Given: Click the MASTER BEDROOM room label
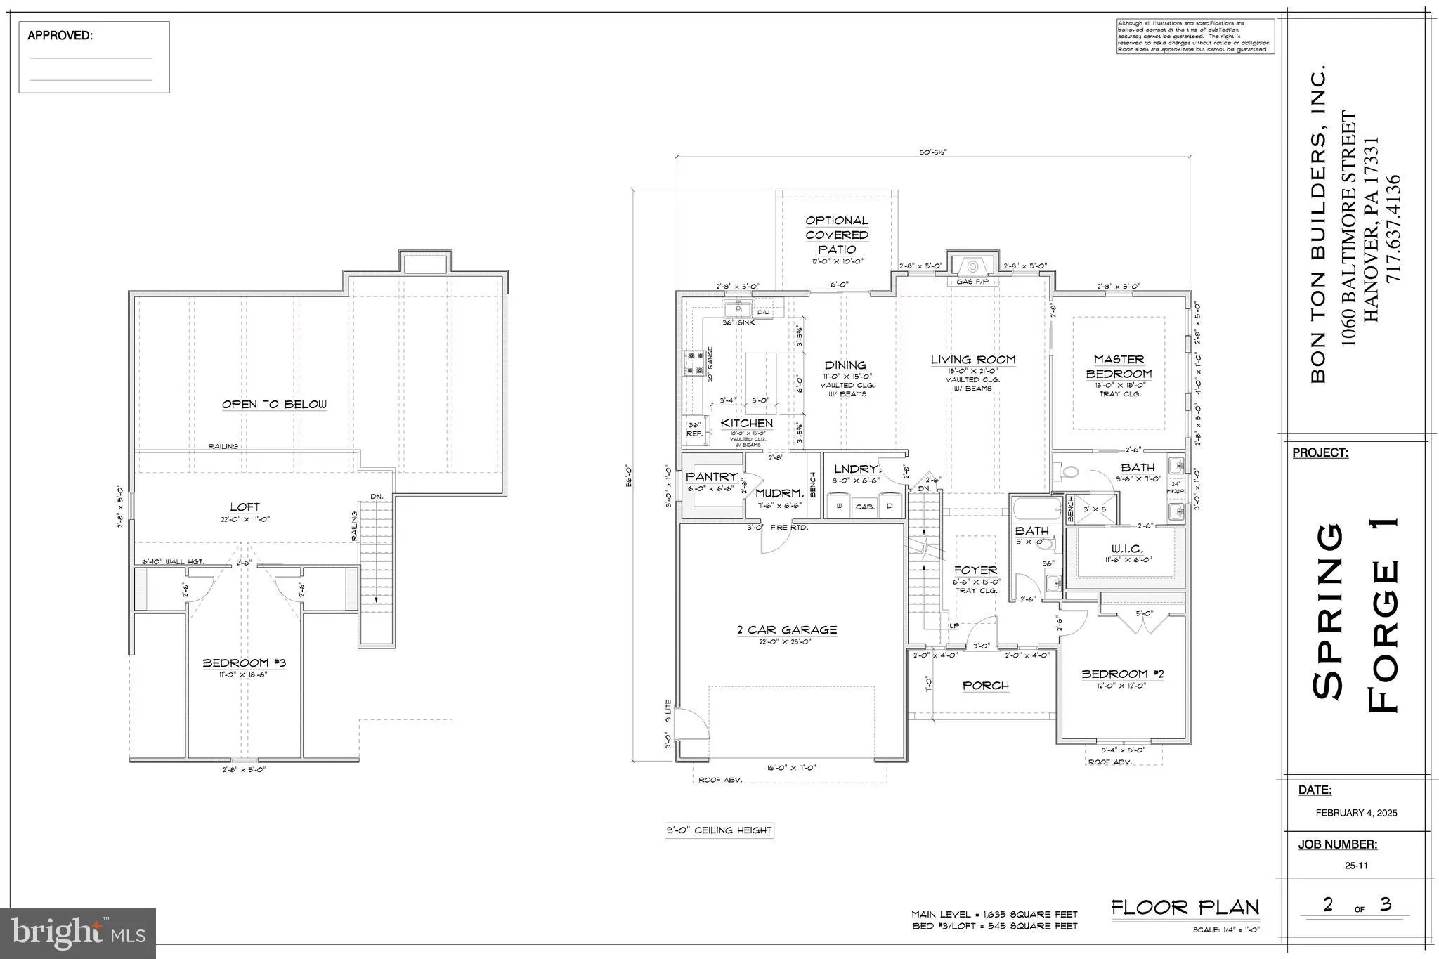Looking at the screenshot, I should (1119, 367).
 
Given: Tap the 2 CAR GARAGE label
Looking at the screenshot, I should (786, 630).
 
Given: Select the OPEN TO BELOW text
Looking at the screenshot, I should (274, 405).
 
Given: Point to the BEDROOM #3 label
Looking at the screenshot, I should (244, 663).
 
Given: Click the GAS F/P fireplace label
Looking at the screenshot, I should (972, 282).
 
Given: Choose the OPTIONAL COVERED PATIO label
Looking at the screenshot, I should (836, 235).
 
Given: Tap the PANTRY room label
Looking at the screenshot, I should (712, 477).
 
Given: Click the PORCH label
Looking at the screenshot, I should (986, 686).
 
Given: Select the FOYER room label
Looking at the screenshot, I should (975, 570).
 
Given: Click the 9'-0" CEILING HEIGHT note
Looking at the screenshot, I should (719, 830).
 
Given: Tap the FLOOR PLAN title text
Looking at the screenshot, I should (1185, 907).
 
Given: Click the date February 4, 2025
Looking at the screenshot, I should (1355, 813).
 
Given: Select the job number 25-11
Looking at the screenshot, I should (1355, 866).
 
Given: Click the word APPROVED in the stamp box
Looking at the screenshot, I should (60, 36).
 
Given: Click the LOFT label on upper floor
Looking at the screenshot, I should (245, 507).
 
